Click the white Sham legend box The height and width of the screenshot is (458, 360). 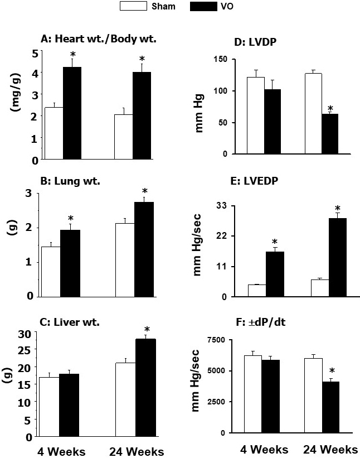click(x=130, y=7)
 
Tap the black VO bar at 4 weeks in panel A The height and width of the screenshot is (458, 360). click(x=72, y=113)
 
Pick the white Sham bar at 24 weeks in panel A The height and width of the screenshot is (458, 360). click(x=123, y=137)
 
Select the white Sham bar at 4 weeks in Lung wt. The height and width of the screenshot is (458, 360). click(x=51, y=271)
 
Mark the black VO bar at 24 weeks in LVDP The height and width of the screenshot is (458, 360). click(x=329, y=134)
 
